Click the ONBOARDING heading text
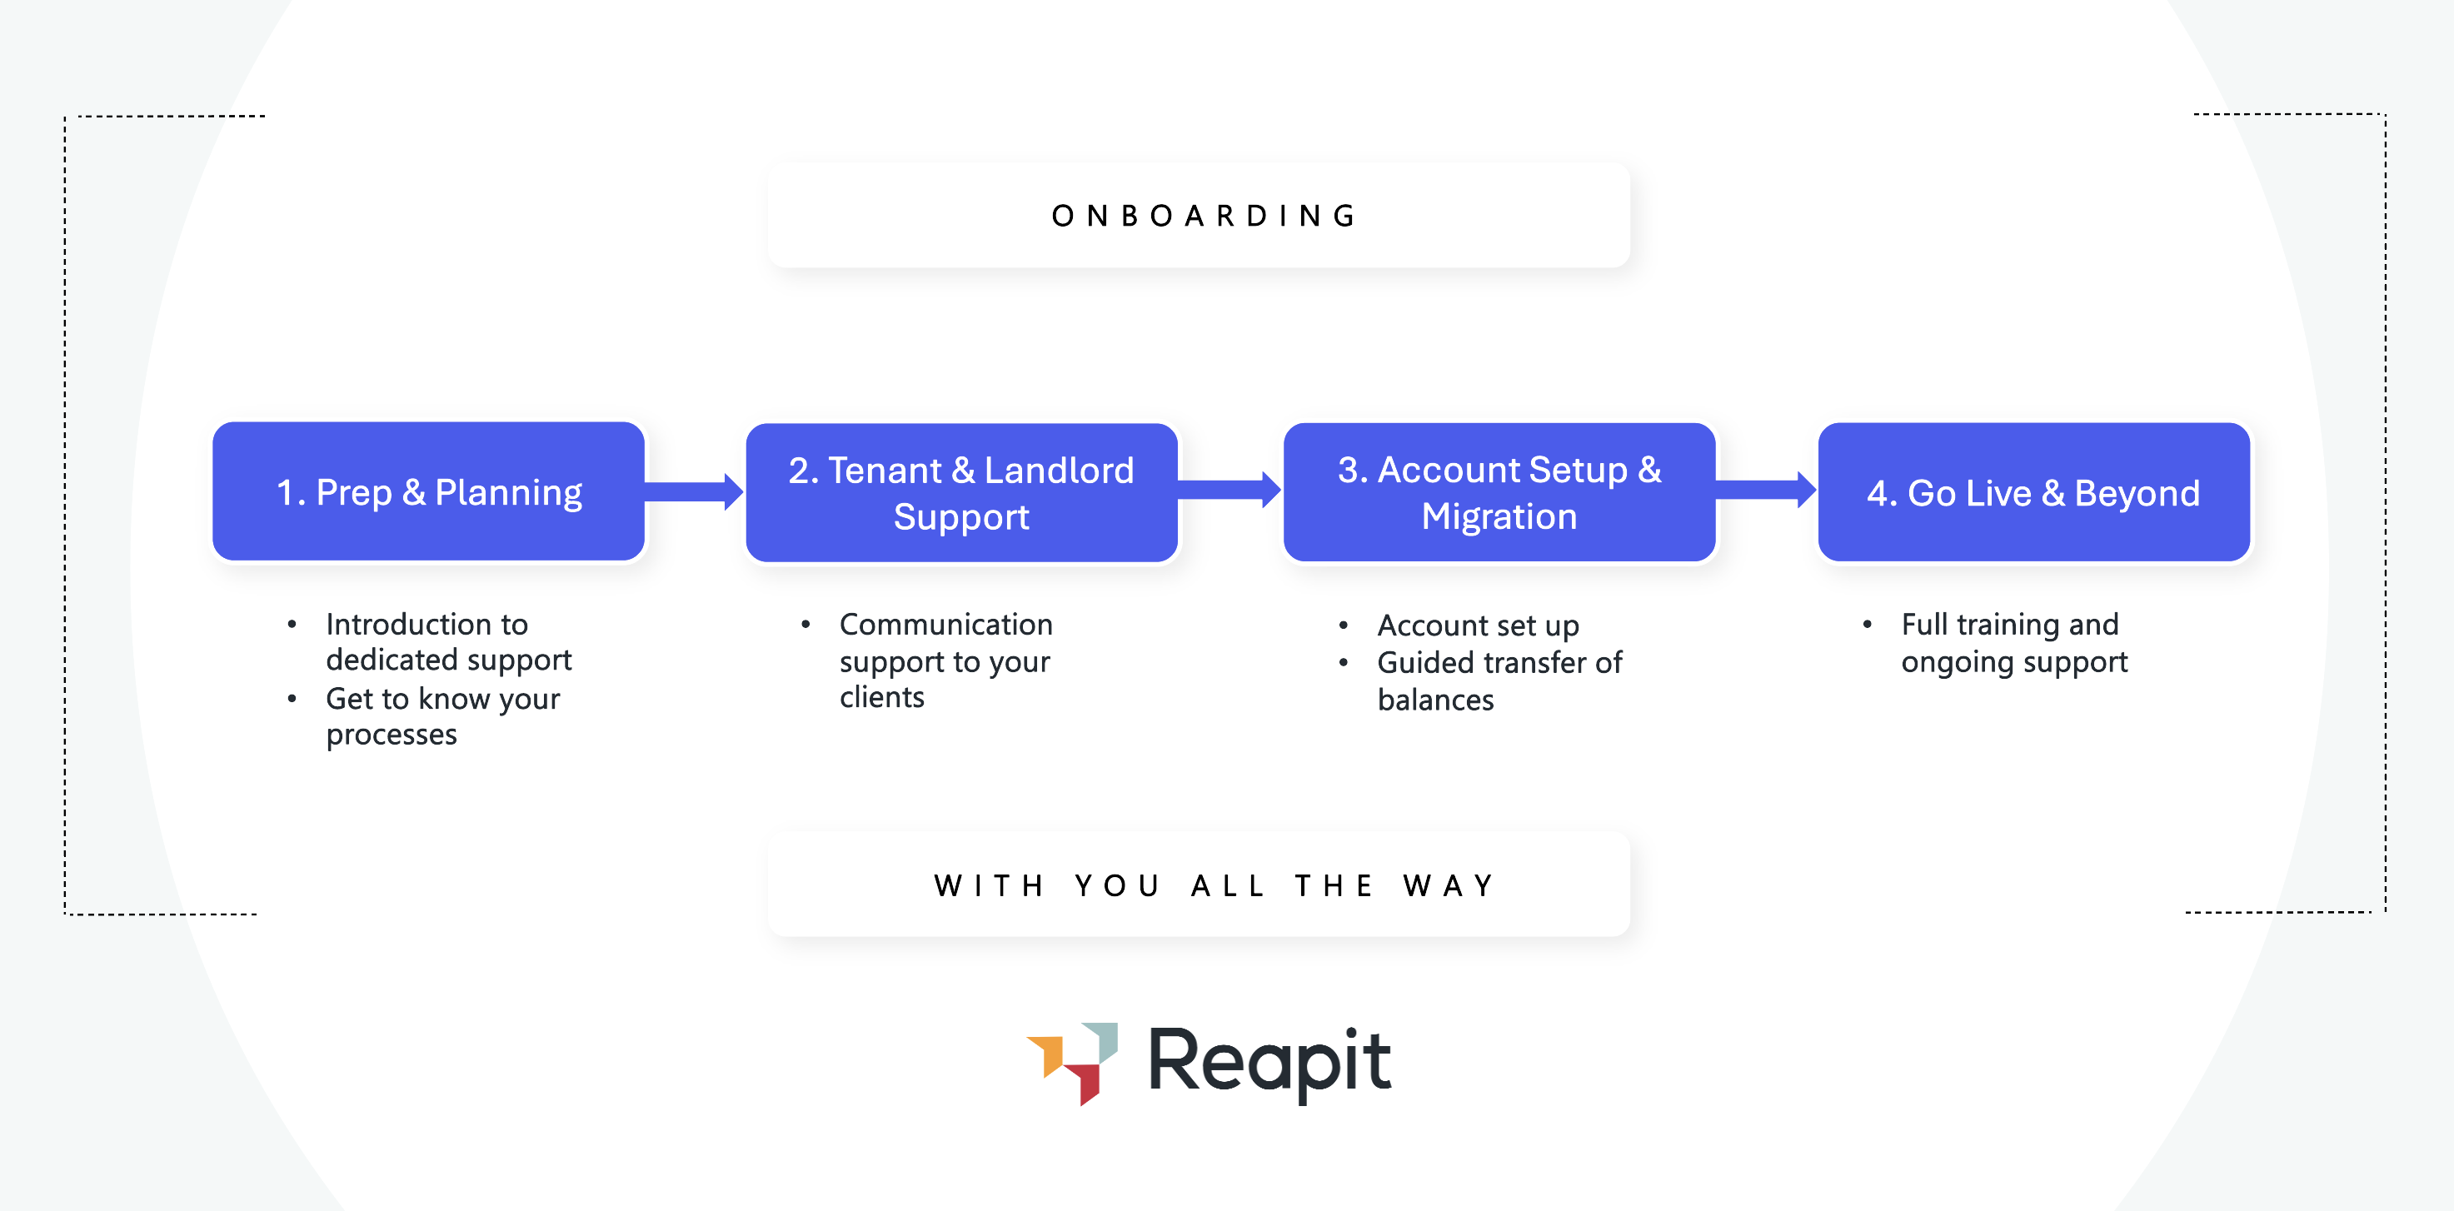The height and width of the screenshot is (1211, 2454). pos(1205,217)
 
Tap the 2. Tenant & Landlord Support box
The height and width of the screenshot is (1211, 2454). pos(960,492)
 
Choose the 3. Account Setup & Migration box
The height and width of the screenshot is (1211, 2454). pos(1499,492)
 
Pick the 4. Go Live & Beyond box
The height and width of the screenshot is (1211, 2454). pos(2033,492)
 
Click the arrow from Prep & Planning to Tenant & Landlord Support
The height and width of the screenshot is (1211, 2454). pos(694,491)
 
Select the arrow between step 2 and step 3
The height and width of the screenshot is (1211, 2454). pos(1229,490)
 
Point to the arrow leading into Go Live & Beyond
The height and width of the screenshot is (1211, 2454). pos(1765,490)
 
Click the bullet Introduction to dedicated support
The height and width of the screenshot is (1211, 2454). pos(448,641)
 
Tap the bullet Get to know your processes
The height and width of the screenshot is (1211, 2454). pos(442,716)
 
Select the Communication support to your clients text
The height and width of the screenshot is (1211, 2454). pos(945,660)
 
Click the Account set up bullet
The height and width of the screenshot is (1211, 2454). pos(1478,625)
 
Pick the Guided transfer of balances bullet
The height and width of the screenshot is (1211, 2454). pos(1499,680)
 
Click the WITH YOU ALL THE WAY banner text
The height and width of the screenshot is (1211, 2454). pos(1214,886)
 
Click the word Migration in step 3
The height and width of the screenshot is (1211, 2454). pos(1499,516)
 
